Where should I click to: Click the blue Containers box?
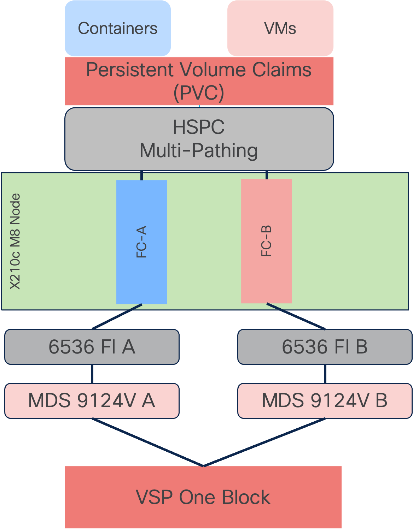118,28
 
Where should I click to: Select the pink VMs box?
280,28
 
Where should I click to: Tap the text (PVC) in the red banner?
199,93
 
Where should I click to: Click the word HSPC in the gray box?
199,127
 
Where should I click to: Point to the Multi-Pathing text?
199,151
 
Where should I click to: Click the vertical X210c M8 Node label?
15,242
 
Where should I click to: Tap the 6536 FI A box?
92,347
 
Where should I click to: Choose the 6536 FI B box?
325,347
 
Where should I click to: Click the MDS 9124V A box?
92,401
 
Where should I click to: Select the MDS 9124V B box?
325,401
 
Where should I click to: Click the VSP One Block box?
203,497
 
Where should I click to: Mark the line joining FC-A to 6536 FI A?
117,316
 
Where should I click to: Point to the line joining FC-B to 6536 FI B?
296,316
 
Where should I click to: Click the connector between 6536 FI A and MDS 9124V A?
92,374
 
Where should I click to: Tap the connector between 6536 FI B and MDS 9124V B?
325,374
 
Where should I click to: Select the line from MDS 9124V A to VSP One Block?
147,442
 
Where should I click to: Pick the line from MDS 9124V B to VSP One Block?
264,442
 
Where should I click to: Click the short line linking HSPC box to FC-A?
141,176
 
